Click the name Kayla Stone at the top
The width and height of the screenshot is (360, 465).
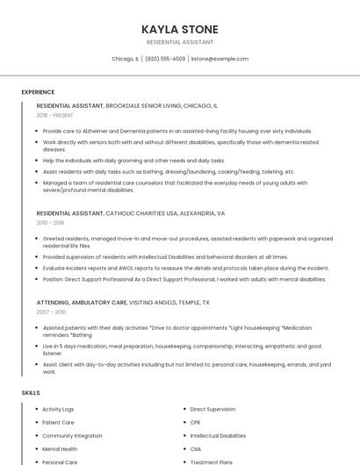click(x=180, y=29)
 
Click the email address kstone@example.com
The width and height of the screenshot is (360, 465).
click(x=220, y=59)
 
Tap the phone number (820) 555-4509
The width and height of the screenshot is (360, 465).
click(x=165, y=59)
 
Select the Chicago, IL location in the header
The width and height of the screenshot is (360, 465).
click(x=125, y=59)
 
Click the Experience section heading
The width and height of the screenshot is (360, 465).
click(x=38, y=91)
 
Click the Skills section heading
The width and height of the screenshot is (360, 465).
click(x=31, y=392)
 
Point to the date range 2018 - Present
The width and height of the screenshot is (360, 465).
click(x=54, y=115)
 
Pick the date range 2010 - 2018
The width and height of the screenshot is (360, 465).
click(x=49, y=223)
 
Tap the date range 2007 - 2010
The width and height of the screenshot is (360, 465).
click(x=51, y=311)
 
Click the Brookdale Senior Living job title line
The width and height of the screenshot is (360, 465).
click(x=126, y=105)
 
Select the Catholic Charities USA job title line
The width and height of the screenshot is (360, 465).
click(x=130, y=213)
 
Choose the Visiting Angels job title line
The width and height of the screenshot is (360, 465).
click(x=123, y=302)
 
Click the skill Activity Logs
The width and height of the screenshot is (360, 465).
click(x=58, y=409)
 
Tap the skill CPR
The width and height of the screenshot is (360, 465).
click(x=195, y=422)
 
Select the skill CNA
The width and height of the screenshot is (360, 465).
click(x=196, y=448)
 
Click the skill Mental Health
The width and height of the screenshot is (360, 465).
click(x=60, y=448)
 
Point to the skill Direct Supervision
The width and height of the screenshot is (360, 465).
click(x=212, y=409)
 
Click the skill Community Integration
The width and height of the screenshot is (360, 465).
click(x=72, y=435)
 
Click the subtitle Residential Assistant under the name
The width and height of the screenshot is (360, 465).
click(x=180, y=41)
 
